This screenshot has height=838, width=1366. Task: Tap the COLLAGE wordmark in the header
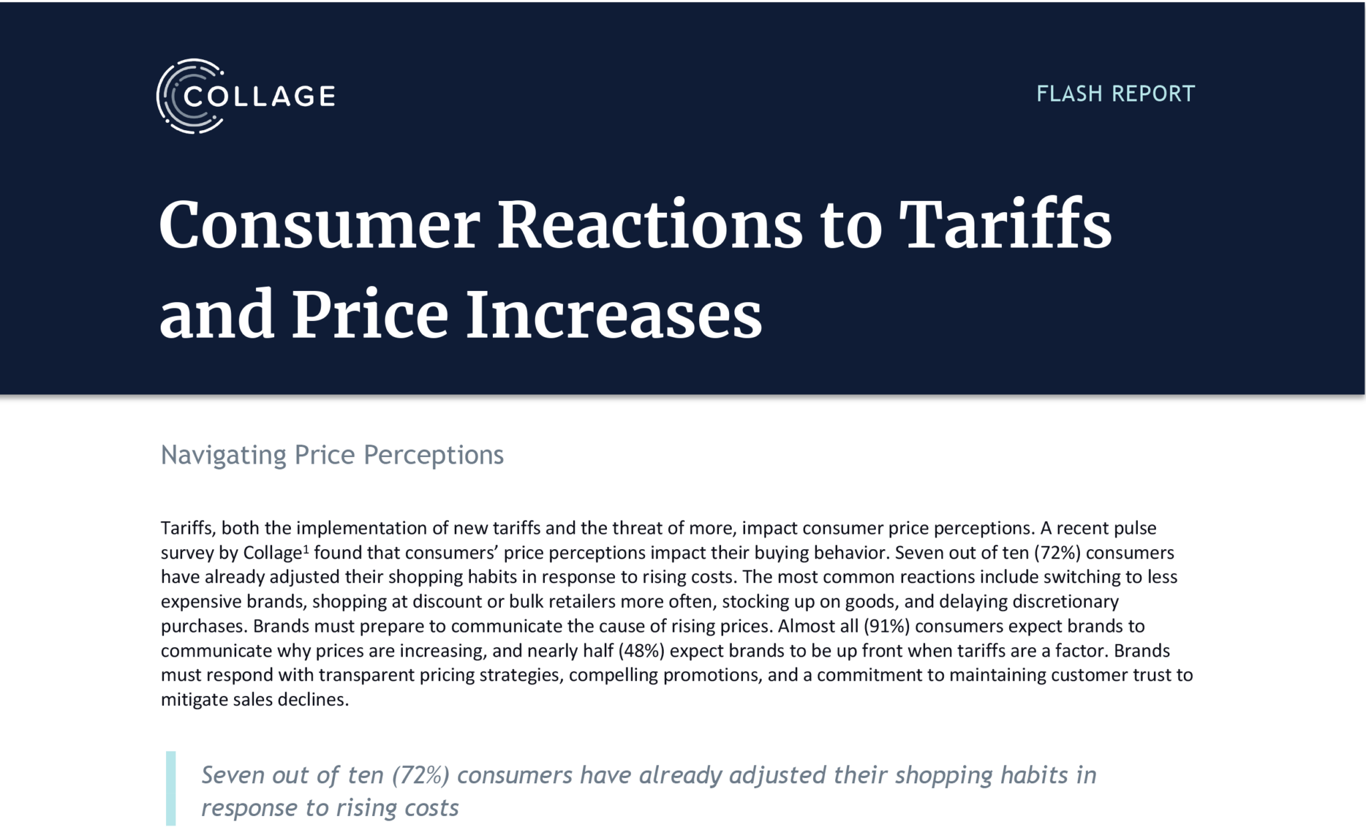259,97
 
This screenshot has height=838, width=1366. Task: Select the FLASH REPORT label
1115,94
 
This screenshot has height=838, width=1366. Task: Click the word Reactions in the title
650,225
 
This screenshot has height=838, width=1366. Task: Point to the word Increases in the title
614,314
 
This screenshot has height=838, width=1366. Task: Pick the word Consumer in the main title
319,225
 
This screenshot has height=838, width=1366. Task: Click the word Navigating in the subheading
223,456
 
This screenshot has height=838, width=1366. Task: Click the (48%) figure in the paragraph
641,651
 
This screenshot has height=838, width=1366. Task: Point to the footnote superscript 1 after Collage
306,549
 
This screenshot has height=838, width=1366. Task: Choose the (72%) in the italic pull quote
420,775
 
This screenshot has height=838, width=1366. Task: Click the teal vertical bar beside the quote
171,789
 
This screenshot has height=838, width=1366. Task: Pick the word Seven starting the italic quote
234,775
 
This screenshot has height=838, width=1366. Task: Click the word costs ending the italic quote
434,808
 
